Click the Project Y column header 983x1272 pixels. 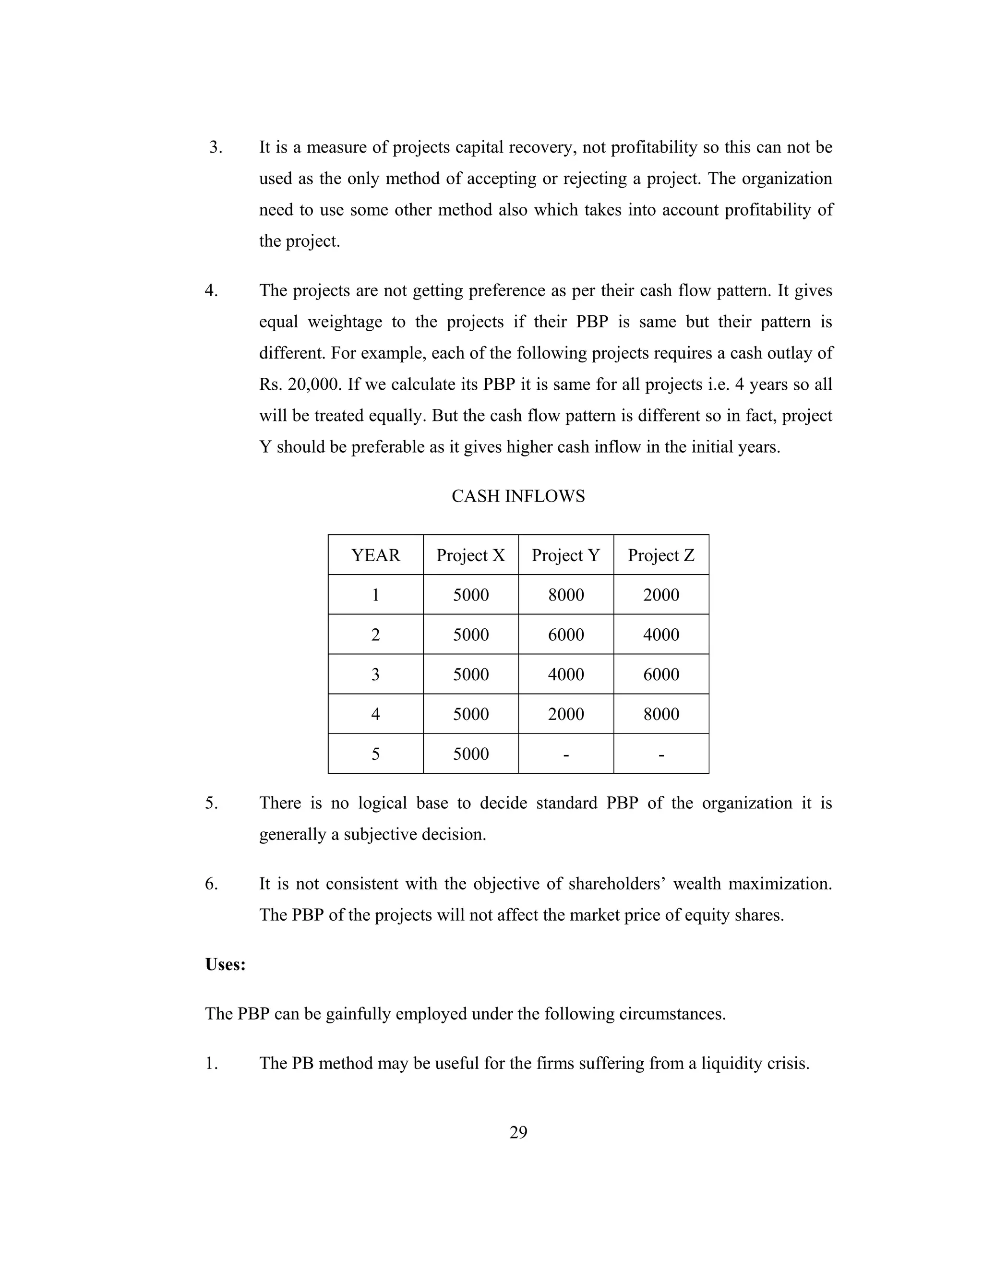(565, 555)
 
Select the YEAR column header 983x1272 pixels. (376, 555)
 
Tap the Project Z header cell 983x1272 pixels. (661, 555)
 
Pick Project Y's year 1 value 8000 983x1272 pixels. (565, 595)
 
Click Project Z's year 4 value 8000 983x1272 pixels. (661, 714)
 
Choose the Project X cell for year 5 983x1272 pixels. (470, 754)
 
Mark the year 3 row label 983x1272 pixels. (376, 674)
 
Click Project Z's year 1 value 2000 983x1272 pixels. (661, 595)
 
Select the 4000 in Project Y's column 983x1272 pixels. (565, 674)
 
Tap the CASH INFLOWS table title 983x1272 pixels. (518, 496)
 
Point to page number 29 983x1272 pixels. (518, 1132)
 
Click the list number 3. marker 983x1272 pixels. (216, 147)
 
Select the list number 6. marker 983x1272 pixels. (211, 884)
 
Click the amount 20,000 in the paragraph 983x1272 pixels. (314, 384)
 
